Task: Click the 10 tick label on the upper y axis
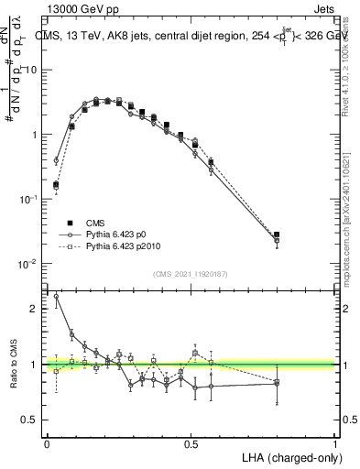click(x=32, y=70)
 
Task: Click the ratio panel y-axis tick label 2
click(x=36, y=309)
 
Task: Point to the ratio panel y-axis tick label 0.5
click(x=32, y=420)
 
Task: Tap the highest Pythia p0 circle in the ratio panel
click(x=57, y=296)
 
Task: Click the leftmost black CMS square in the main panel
click(x=57, y=184)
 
